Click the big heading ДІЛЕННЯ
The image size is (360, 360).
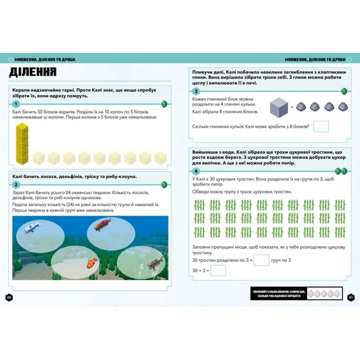(x=33, y=72)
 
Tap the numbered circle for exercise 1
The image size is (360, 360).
(x=16, y=104)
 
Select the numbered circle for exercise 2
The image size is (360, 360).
(x=16, y=185)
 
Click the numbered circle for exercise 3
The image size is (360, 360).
(x=196, y=91)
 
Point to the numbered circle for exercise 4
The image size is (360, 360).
(x=196, y=171)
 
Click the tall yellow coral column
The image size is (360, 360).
(x=22, y=144)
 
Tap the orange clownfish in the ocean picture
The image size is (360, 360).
(x=92, y=263)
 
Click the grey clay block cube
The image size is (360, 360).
(x=279, y=107)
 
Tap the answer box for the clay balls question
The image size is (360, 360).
(x=321, y=126)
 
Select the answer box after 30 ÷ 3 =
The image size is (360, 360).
(x=218, y=270)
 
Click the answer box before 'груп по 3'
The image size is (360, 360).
(x=261, y=260)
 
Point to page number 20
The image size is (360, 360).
(x=9, y=298)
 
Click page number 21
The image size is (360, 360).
(x=351, y=298)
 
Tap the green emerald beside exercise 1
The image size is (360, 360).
(x=164, y=104)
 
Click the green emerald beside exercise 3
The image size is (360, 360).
(x=344, y=91)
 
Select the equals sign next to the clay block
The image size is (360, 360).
(x=292, y=107)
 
